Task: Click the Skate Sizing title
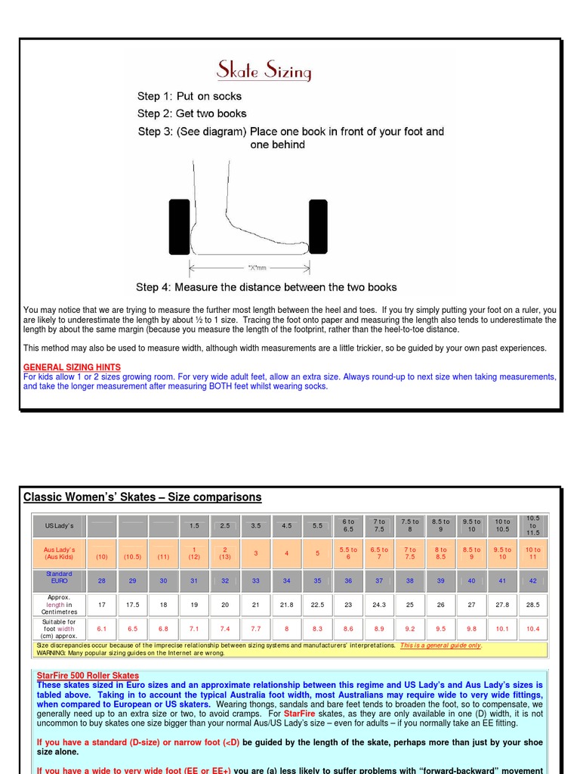(x=264, y=71)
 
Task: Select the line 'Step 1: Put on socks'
(x=189, y=96)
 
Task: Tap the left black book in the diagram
(x=180, y=227)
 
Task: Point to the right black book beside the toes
(x=318, y=227)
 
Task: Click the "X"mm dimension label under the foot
(x=257, y=267)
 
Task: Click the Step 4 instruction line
(x=266, y=287)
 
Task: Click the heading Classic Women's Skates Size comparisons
(x=143, y=497)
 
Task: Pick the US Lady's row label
(x=59, y=525)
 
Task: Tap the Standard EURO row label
(x=59, y=577)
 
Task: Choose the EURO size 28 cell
(x=101, y=580)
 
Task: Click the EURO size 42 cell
(x=533, y=580)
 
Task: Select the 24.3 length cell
(x=379, y=605)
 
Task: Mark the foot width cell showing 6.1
(x=101, y=628)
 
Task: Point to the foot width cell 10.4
(x=533, y=628)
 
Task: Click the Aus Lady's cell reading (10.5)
(x=132, y=556)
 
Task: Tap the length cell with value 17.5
(x=132, y=605)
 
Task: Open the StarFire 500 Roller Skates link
(x=88, y=675)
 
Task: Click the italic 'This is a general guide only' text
(x=440, y=646)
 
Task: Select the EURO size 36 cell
(x=348, y=580)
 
